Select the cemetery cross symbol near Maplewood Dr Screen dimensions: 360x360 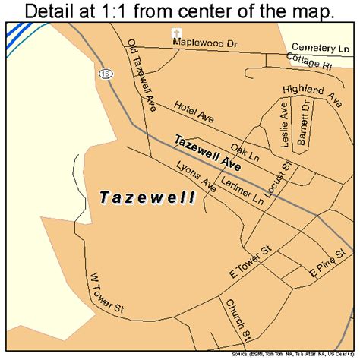point(175,33)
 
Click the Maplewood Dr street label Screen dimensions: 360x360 point(204,43)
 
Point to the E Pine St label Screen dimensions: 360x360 point(324,268)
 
